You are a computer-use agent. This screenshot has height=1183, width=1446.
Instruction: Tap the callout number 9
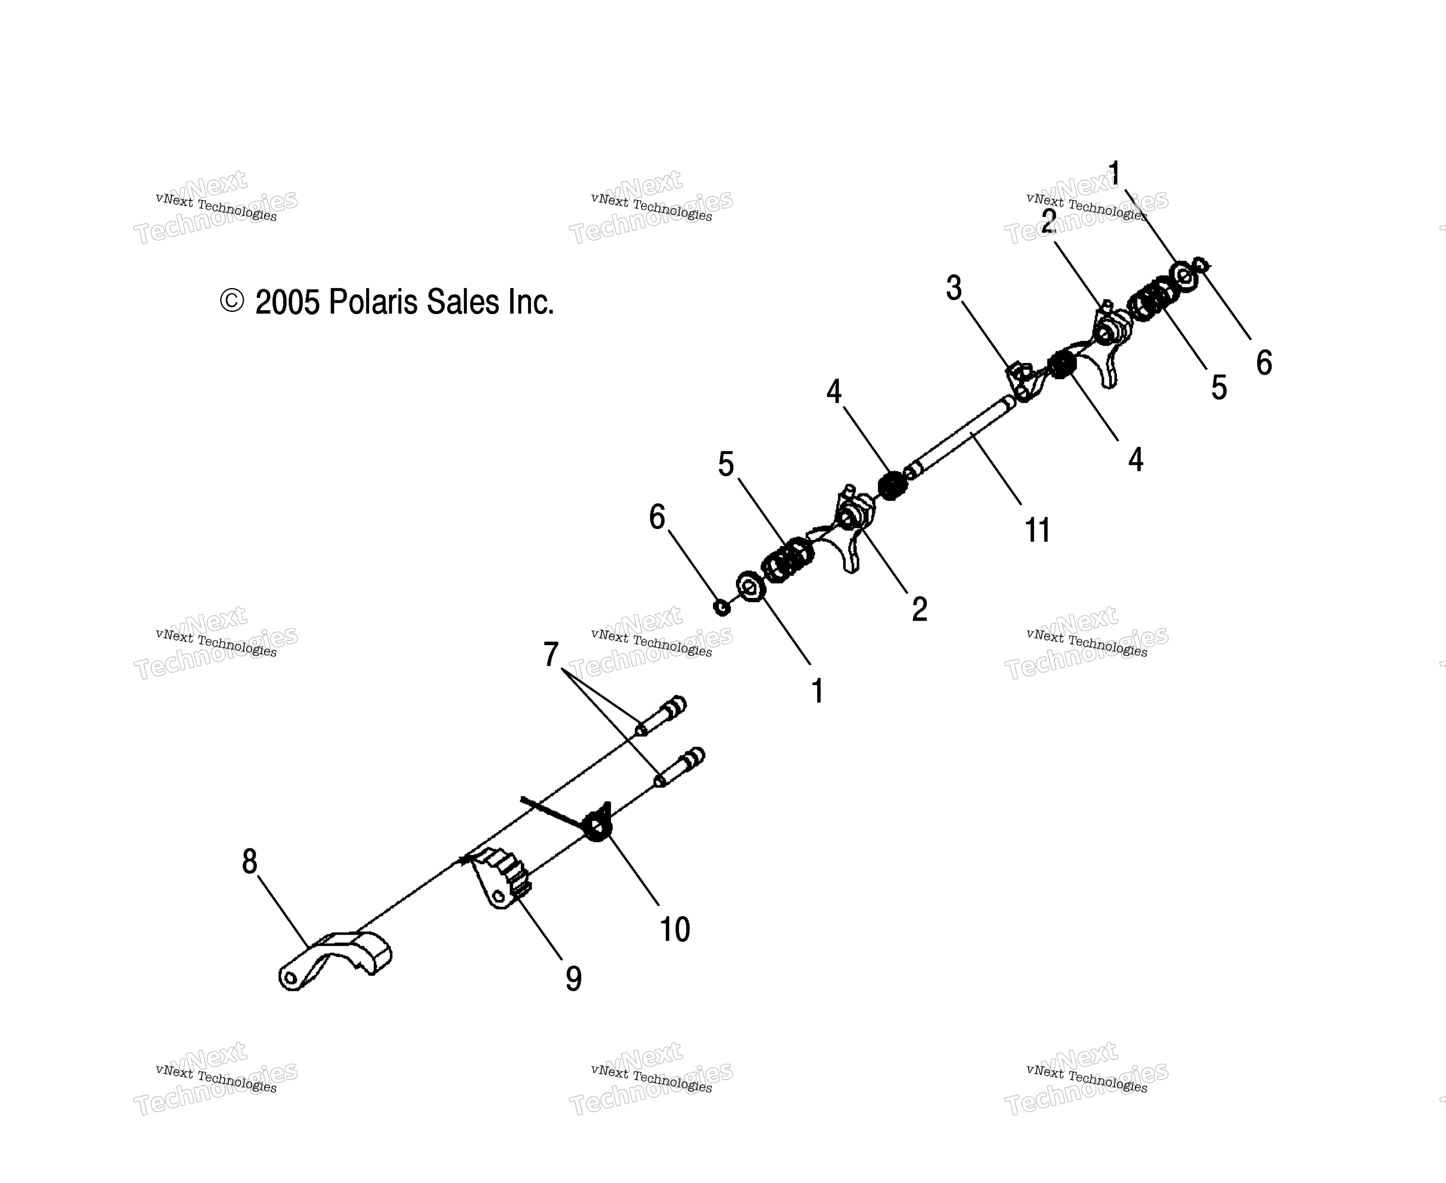(x=574, y=979)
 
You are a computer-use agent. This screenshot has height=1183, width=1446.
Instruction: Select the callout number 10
(x=675, y=930)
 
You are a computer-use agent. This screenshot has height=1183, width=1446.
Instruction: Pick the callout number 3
(x=954, y=288)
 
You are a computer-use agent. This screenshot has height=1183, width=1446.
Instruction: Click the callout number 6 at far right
(x=1264, y=363)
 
